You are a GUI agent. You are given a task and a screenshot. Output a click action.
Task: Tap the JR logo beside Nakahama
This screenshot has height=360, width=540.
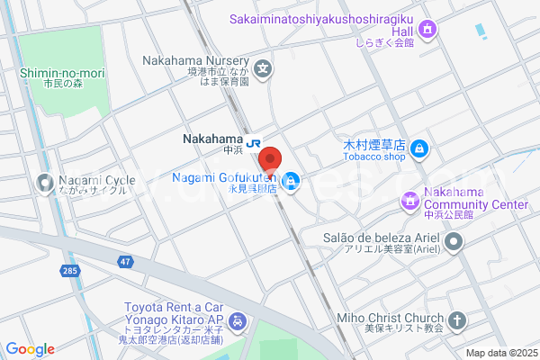click(x=255, y=140)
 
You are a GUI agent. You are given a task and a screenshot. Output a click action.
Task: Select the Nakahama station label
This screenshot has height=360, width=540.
click(x=212, y=140)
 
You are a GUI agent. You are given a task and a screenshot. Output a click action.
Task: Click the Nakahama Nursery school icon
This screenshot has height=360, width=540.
click(x=263, y=67)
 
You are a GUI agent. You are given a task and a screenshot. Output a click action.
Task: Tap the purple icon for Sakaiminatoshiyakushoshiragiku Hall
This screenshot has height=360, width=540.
click(x=429, y=29)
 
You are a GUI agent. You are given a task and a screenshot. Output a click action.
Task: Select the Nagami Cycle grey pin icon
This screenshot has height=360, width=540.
click(x=44, y=184)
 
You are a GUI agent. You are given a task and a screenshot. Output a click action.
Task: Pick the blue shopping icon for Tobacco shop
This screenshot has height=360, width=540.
click(x=418, y=148)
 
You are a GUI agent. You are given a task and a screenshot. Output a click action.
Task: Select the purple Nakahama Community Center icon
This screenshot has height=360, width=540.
click(x=409, y=199)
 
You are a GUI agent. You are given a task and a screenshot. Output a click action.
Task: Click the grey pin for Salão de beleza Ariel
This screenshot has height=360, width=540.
click(x=454, y=241)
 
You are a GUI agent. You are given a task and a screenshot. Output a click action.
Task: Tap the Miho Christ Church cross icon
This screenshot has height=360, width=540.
click(x=457, y=319)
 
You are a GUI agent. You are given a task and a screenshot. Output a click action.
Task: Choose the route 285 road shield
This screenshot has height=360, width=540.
click(x=70, y=269)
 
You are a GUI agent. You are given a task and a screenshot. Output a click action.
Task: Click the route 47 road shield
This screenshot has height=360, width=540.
click(x=123, y=261)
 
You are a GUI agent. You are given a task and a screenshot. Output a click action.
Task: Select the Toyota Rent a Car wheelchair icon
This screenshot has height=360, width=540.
click(x=237, y=320)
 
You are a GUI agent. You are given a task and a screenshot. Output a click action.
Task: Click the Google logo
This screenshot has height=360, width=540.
click(x=30, y=349)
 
